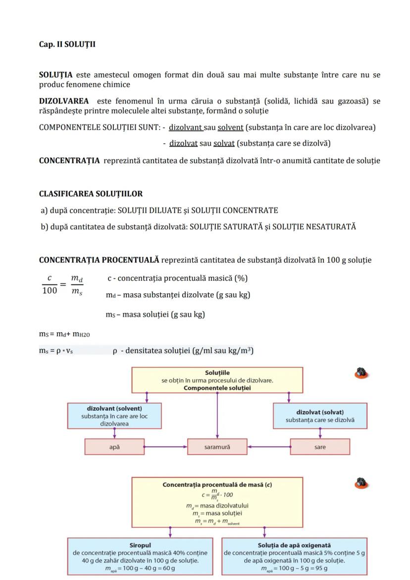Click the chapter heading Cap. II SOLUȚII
67,45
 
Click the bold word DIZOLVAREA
64,101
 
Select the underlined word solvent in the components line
230,128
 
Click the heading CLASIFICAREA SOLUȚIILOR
91,194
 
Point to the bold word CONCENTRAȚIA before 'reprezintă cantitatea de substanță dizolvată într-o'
69,160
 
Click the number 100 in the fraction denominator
50,291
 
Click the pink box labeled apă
114,447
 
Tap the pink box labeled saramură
217,447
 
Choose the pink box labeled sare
320,447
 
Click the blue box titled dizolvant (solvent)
114,416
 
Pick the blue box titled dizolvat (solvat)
320,416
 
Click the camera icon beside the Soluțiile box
362,373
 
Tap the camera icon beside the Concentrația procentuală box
362,483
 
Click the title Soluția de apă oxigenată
294,545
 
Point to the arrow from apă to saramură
165,447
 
